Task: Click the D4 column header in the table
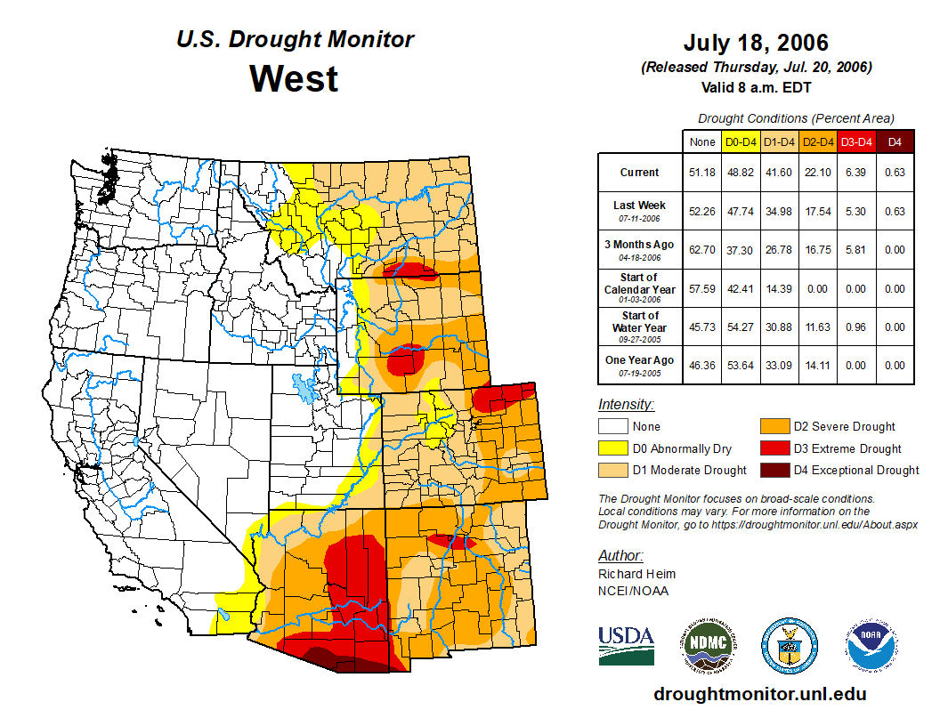click(x=895, y=141)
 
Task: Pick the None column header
click(x=702, y=141)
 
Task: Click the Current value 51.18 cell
click(x=702, y=173)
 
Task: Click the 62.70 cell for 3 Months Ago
click(x=702, y=250)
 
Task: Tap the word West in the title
click(x=294, y=78)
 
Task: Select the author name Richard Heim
click(x=636, y=574)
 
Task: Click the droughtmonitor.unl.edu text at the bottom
click(x=759, y=694)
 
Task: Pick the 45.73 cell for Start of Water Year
click(x=702, y=327)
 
